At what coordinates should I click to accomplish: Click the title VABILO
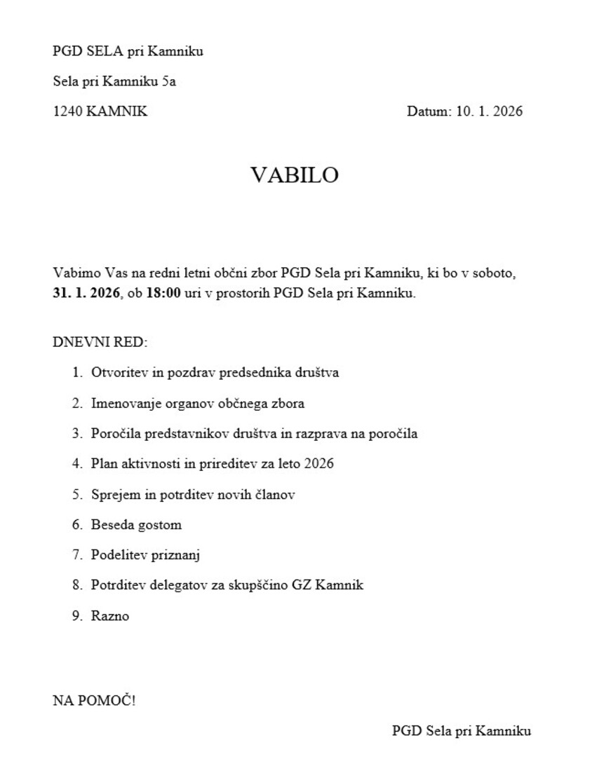(295, 175)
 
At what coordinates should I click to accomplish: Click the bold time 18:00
(163, 293)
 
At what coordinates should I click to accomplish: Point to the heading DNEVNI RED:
(101, 343)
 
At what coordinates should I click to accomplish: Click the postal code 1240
(67, 111)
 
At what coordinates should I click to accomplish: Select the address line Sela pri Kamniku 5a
(114, 81)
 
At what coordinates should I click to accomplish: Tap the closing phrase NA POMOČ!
(94, 701)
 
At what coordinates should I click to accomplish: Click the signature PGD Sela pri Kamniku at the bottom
(461, 731)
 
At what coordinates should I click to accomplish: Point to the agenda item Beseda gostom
(136, 525)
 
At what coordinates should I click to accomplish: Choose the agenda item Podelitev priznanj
(146, 555)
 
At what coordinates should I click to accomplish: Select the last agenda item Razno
(110, 617)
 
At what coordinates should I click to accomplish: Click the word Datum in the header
(428, 111)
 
